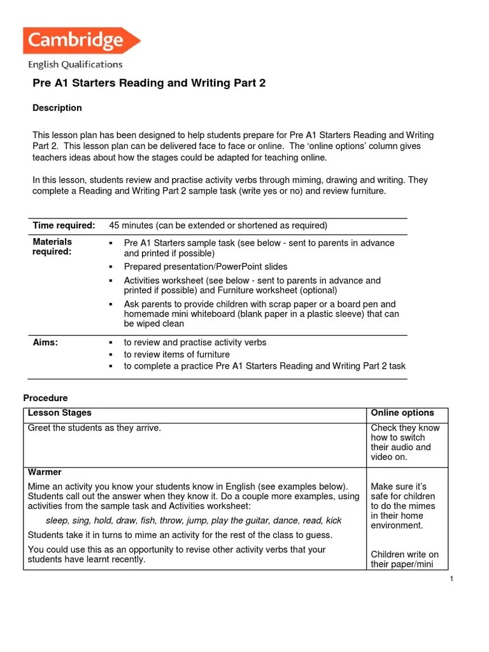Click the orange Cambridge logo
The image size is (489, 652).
pyautogui.click(x=81, y=41)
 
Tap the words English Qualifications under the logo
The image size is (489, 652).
pyautogui.click(x=75, y=64)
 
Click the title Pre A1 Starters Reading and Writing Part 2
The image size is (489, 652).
pyautogui.click(x=148, y=83)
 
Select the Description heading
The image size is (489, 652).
pyautogui.click(x=57, y=108)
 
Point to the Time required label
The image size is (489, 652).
pyautogui.click(x=64, y=225)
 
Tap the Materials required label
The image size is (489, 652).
pyautogui.click(x=52, y=246)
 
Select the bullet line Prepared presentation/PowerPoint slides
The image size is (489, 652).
pyautogui.click(x=205, y=267)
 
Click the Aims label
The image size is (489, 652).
pyautogui.click(x=45, y=343)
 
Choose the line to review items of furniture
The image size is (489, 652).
pyautogui.click(x=176, y=355)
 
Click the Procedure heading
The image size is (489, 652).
pyautogui.click(x=45, y=398)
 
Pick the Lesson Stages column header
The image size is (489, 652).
pyautogui.click(x=60, y=413)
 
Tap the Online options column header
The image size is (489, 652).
pyautogui.click(x=402, y=413)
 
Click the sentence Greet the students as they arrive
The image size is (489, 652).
pyautogui.click(x=94, y=428)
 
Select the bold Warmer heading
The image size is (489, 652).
pyautogui.click(x=45, y=472)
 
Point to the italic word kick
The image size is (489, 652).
pyautogui.click(x=334, y=521)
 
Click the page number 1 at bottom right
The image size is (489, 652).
pyautogui.click(x=451, y=578)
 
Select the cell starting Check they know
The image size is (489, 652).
pyautogui.click(x=405, y=443)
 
